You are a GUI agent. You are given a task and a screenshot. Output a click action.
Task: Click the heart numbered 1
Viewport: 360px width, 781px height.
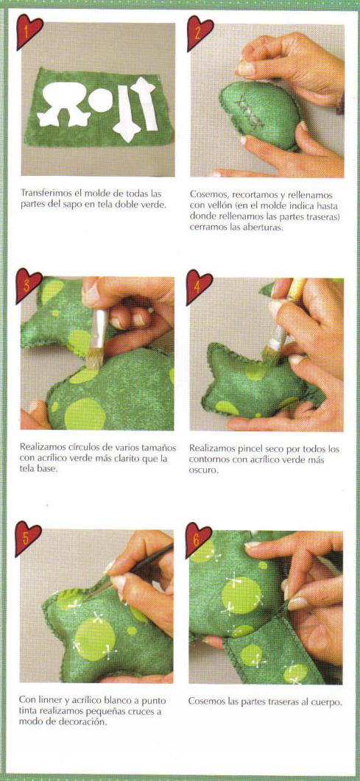[x=29, y=32]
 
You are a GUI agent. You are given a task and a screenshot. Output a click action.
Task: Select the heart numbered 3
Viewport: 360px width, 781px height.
[x=28, y=285]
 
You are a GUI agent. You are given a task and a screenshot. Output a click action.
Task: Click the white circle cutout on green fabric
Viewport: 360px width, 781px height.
[x=101, y=100]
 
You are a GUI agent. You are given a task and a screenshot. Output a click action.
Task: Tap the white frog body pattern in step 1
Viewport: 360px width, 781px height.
[x=64, y=103]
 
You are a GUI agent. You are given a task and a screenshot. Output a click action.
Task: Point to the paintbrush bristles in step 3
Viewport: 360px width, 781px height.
[x=93, y=358]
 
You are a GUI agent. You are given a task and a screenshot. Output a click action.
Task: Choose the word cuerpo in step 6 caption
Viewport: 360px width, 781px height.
[x=328, y=702]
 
